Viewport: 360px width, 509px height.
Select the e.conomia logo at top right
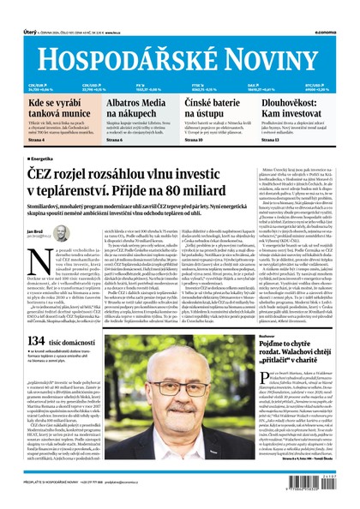[x=339, y=9]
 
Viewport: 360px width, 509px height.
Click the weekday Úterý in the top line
[x=19, y=9]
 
